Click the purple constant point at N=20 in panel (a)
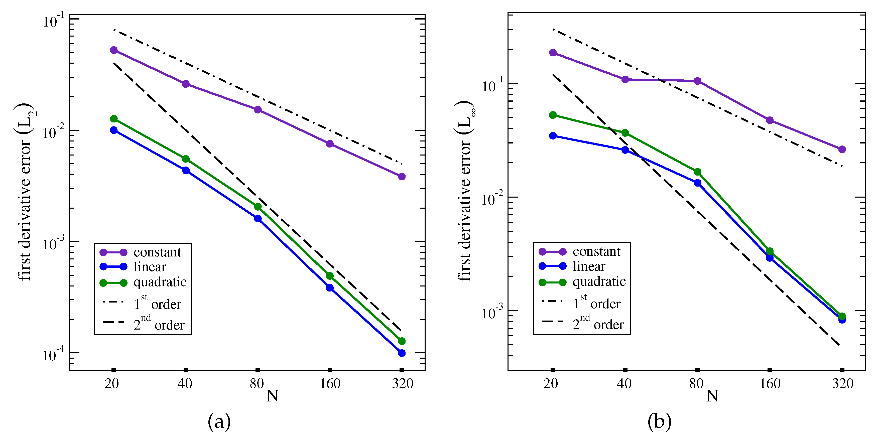[114, 50]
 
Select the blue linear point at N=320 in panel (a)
[402, 353]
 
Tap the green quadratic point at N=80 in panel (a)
[258, 207]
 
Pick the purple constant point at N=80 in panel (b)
[697, 81]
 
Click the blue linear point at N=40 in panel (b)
[625, 150]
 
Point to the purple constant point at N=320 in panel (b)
[842, 149]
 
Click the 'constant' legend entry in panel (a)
[157, 252]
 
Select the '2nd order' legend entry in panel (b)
[598, 324]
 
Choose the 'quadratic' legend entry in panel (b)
[599, 282]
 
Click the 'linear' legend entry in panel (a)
[150, 267]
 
